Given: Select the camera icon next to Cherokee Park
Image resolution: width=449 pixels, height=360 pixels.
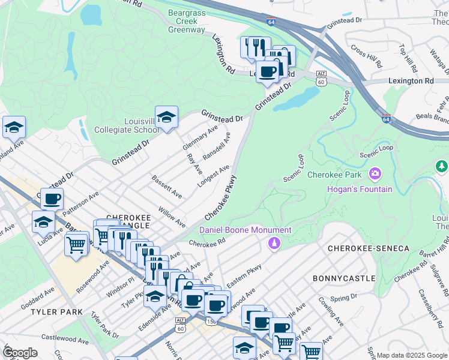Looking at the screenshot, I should tap(376, 175).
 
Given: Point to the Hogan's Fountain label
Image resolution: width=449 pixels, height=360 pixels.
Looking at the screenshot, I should tap(360, 190).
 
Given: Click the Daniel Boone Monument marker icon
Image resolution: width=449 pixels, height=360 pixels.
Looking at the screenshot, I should tap(274, 242).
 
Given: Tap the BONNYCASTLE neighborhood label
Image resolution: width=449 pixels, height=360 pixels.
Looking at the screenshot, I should tap(344, 278).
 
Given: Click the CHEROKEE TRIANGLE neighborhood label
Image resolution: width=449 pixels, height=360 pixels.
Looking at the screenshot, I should tap(127, 220).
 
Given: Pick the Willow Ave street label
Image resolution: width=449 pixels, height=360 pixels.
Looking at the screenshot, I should tap(172, 217).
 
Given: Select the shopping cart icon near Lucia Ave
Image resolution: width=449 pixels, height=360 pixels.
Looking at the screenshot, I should tap(76, 244).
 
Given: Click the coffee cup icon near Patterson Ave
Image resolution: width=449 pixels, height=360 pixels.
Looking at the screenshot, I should tap(52, 199).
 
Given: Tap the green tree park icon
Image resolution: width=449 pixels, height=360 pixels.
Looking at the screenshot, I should tap(442, 166).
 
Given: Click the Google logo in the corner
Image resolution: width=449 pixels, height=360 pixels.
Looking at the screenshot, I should tap(20, 353).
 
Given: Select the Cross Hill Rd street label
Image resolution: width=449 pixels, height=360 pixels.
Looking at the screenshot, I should tap(366, 56).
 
